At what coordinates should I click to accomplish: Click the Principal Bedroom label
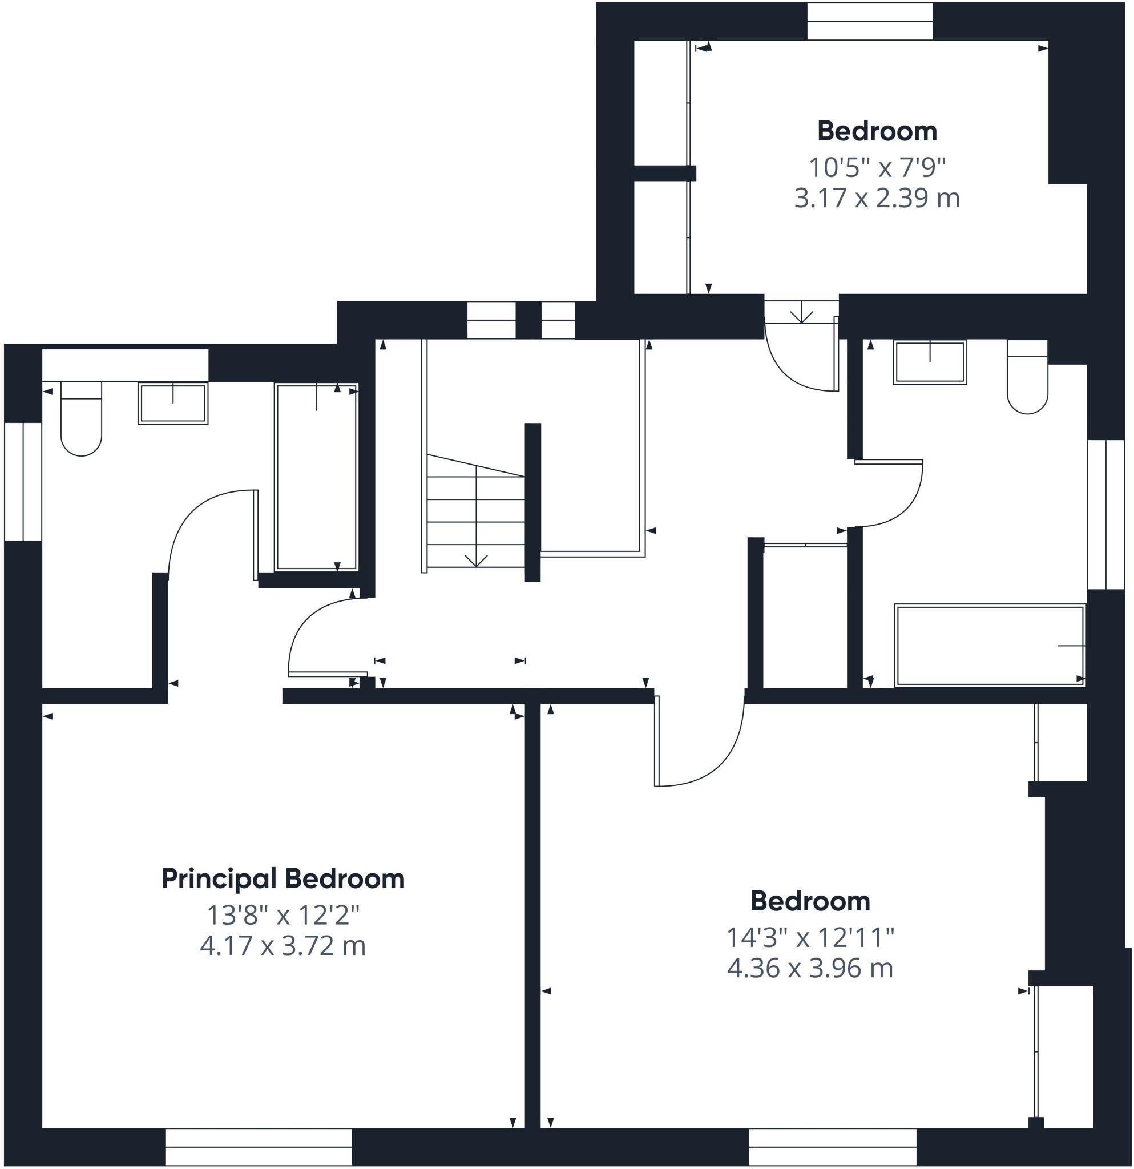point(283,879)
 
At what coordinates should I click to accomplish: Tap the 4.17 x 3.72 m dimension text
point(283,946)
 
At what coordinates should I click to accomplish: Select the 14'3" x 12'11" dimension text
point(810,938)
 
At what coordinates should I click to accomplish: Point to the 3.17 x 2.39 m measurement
point(877,198)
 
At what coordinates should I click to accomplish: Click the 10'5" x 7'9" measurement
point(877,168)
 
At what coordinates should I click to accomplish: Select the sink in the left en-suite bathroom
point(173,403)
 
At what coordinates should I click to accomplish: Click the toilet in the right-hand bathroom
point(1027,377)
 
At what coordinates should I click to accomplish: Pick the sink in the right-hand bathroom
point(930,362)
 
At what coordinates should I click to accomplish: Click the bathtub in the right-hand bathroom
point(989,646)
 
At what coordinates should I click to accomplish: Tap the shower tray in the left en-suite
point(316,477)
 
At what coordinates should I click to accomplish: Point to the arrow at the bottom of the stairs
point(476,560)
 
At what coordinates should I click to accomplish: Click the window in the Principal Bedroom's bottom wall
point(258,1147)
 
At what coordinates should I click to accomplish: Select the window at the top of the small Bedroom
point(870,22)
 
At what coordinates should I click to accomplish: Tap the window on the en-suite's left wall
point(23,481)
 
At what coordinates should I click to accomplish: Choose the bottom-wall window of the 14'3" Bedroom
point(832,1147)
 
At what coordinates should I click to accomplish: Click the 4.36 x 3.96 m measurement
point(810,969)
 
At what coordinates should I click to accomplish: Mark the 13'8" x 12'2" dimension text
point(283,915)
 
